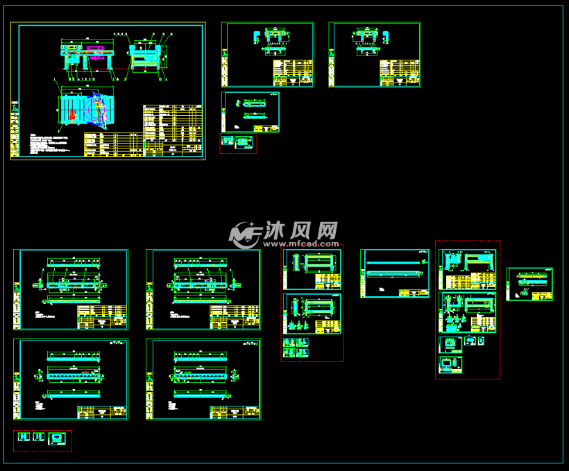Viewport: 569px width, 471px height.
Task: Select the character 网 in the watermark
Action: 328,230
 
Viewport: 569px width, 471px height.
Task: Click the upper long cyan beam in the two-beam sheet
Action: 394,263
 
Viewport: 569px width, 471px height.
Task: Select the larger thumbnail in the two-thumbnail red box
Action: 242,142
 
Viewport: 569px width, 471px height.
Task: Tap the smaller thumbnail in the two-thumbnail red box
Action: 226,141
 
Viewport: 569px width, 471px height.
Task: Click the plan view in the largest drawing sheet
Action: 83,110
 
